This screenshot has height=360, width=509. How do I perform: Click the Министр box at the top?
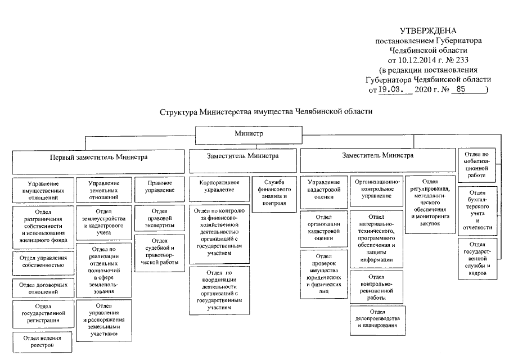tap(249, 134)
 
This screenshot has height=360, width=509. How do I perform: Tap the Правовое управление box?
tap(156, 187)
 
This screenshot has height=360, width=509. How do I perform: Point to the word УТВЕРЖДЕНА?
tap(428, 30)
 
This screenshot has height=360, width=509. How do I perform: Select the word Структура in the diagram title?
tap(179, 111)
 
